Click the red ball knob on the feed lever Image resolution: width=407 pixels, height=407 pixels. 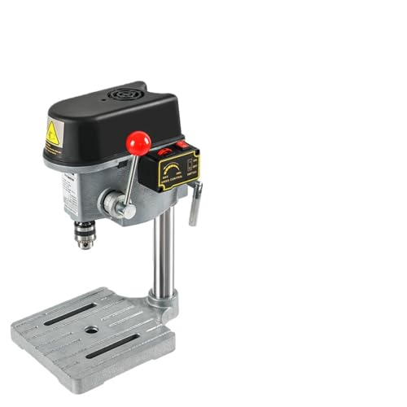[138, 143]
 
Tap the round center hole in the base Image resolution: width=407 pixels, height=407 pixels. [92, 330]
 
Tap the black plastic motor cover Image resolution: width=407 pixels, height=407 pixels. [114, 122]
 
